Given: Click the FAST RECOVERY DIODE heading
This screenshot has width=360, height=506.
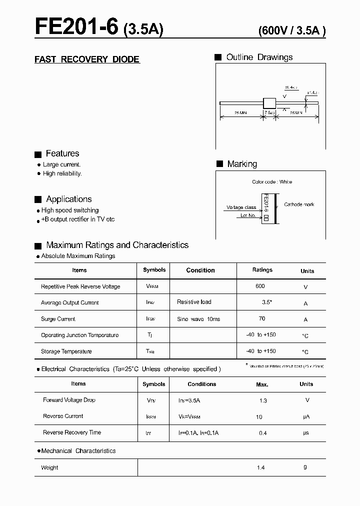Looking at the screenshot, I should (x=87, y=59).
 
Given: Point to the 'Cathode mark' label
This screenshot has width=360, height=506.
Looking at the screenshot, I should (x=299, y=204).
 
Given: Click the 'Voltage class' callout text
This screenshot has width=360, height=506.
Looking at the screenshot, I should (x=241, y=207).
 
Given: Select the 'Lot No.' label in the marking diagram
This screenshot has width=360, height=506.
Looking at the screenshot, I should (x=248, y=215).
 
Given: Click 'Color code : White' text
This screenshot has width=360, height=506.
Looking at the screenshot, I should (x=272, y=182).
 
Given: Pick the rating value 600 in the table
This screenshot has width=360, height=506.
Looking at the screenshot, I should (x=260, y=286).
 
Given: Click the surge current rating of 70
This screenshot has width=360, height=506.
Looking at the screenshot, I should (x=262, y=318).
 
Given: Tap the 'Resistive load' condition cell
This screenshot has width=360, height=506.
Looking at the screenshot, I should (x=194, y=302).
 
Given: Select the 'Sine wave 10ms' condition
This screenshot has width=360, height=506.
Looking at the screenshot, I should (x=198, y=319).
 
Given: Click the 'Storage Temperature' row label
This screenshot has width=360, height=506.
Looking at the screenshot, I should (x=66, y=351).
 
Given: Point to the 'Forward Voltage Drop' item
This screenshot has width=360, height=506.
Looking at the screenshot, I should (x=69, y=400).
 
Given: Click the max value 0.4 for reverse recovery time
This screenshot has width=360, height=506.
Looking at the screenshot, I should (x=263, y=433).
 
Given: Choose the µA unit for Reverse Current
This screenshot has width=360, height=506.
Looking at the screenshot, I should (x=306, y=416).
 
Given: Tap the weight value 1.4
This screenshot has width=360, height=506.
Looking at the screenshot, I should (x=260, y=467).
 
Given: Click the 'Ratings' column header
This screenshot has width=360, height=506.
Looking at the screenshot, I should (x=262, y=270).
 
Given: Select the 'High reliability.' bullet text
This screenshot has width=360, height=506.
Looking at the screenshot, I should (x=62, y=173).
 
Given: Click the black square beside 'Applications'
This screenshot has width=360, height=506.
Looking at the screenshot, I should (x=38, y=199).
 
